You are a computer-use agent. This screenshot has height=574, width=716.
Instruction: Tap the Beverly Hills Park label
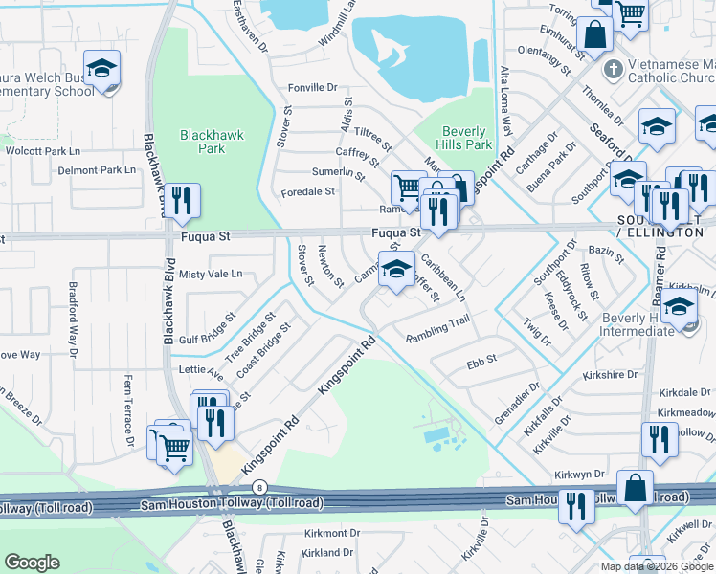coord(465,138)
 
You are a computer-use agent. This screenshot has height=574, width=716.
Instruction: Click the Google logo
coord(32,563)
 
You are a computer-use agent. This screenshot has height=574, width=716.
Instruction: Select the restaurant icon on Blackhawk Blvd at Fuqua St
coord(182,202)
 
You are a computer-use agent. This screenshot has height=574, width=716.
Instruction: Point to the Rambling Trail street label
coord(437,330)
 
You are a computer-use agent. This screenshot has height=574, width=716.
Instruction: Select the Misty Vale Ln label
coord(211,274)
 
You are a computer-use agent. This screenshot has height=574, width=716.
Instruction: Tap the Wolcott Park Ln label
coord(42,151)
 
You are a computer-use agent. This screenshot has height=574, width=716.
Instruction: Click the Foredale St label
coord(307,191)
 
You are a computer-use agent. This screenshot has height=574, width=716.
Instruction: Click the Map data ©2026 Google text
coord(656,566)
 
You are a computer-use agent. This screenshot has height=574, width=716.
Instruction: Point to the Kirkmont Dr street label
coord(330,532)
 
